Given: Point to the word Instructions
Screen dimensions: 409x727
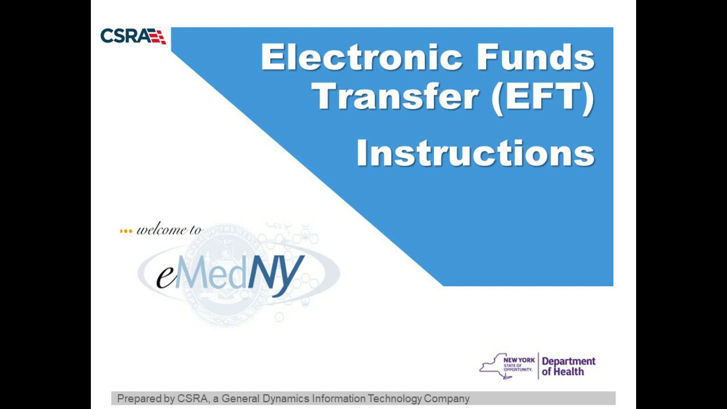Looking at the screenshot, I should pyautogui.click(x=475, y=153).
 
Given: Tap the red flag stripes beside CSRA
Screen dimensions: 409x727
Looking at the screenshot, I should pyautogui.click(x=157, y=36).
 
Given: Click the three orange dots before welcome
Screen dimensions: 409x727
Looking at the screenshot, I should pyautogui.click(x=126, y=231).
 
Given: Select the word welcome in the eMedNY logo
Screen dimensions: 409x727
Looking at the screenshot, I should pyautogui.click(x=162, y=230).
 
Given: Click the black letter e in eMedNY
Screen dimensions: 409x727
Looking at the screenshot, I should pyautogui.click(x=165, y=276).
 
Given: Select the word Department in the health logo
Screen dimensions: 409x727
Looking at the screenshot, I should pyautogui.click(x=569, y=361).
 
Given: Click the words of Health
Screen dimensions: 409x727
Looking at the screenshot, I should pyautogui.click(x=563, y=372).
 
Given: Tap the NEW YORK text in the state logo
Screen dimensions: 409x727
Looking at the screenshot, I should pyautogui.click(x=519, y=360).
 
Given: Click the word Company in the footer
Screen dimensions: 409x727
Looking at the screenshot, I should pyautogui.click(x=447, y=399).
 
